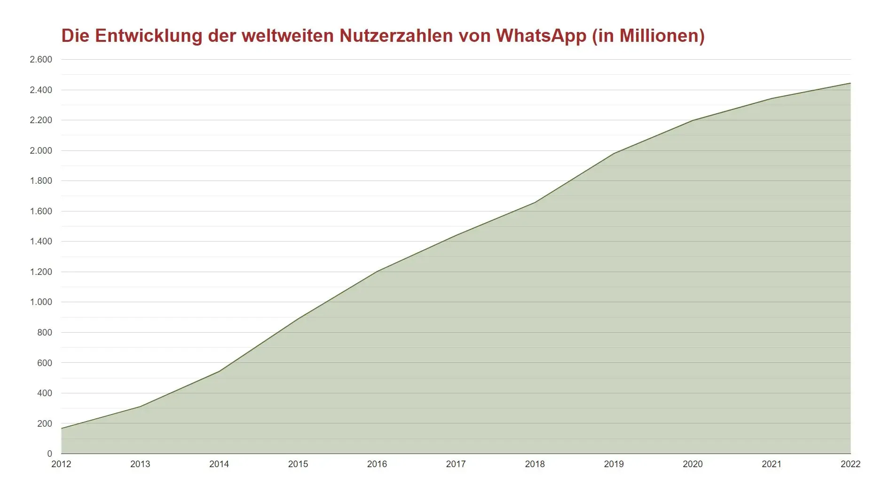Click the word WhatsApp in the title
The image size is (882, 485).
tap(541, 36)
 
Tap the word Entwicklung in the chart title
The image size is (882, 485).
tap(149, 36)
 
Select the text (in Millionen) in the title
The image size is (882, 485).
tap(648, 36)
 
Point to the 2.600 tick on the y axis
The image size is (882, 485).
tap(41, 60)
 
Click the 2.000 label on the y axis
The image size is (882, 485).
tap(41, 151)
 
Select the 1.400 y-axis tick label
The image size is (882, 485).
tap(41, 242)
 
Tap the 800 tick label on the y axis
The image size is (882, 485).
tap(44, 333)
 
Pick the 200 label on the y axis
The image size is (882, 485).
tap(44, 423)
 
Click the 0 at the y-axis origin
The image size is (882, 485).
tap(49, 454)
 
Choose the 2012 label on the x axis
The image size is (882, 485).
tap(61, 464)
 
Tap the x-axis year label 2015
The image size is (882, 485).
tap(298, 464)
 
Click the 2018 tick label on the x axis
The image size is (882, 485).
tap(535, 464)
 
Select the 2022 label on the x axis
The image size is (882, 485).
tap(850, 464)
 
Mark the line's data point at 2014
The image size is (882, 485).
tap(219, 371)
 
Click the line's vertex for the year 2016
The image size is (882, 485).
tap(377, 271)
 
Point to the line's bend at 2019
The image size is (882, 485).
tap(614, 153)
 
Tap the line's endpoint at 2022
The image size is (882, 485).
tap(850, 83)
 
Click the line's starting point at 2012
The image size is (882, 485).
tap(62, 428)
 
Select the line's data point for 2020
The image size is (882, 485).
tap(693, 120)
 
